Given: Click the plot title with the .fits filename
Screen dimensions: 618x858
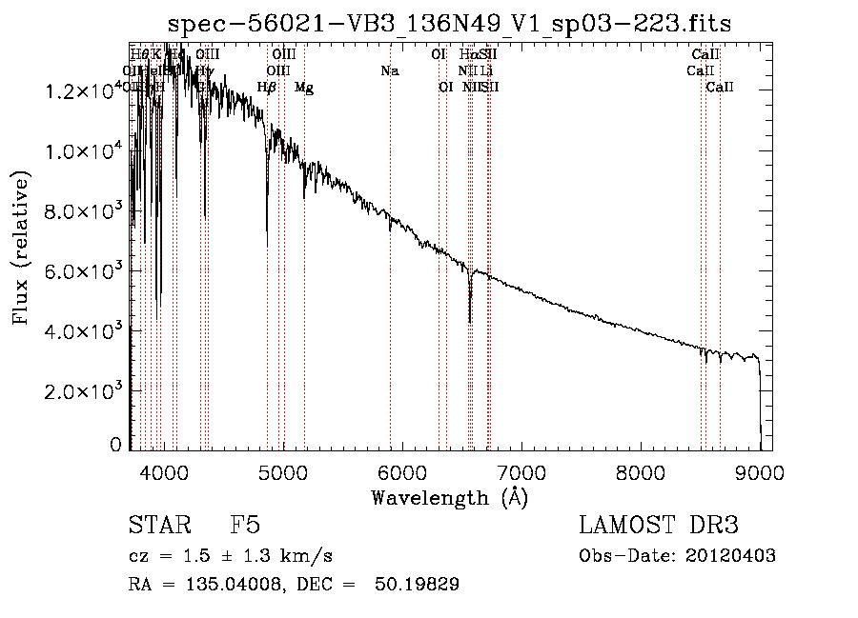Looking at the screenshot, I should (x=449, y=24).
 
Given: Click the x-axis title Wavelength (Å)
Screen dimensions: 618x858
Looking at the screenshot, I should (x=449, y=498).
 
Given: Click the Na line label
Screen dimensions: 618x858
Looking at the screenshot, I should (x=389, y=70).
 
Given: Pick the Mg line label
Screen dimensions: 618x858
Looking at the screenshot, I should (x=303, y=88).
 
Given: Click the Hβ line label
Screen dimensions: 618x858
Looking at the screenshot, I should (x=267, y=88).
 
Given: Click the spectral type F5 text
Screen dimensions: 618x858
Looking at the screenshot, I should (x=245, y=526).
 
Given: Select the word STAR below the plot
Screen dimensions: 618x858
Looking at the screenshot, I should (x=158, y=526).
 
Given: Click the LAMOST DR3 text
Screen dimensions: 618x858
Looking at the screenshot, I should (x=659, y=526).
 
